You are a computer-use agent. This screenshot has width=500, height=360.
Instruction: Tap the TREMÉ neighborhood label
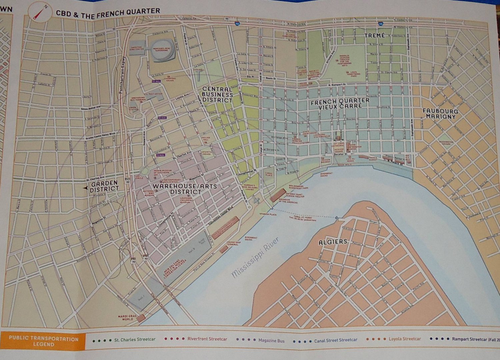coord(375,35)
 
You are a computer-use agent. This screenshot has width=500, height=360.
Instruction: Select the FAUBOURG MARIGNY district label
coord(440,114)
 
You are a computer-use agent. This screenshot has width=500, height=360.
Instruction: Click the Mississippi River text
coord(255,257)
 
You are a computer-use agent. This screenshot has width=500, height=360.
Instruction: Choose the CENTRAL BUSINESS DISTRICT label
coord(217,94)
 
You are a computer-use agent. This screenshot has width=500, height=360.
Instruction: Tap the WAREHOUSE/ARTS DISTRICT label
coord(185,189)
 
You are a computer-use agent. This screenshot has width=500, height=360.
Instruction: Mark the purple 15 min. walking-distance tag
coord(156,81)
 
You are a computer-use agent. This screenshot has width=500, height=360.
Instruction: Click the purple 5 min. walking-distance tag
coord(160,155)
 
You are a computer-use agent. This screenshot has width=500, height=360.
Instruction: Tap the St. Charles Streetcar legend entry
coord(134,339)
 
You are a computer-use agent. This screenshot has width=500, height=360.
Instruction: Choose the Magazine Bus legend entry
coord(271,340)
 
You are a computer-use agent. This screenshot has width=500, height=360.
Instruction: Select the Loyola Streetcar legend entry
coord(404,339)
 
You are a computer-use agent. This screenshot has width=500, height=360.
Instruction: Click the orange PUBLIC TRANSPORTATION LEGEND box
coord(43,341)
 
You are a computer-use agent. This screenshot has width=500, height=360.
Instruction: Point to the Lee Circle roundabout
coord(144,171)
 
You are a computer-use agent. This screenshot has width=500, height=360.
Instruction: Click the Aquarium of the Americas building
coord(278,195)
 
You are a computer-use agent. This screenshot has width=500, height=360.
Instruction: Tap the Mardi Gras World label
coord(125,317)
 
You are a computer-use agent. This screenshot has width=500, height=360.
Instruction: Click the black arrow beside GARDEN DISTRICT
coord(85,189)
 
